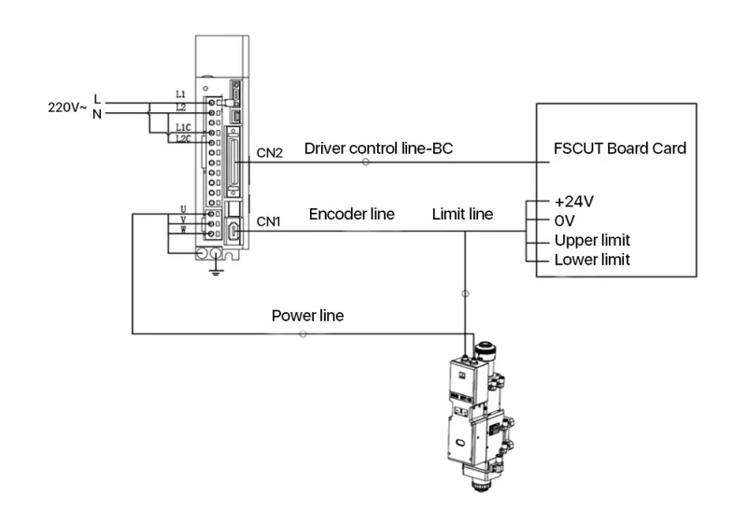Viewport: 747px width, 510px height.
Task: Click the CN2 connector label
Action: point(270,153)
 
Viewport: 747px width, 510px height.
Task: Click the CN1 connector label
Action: point(269,221)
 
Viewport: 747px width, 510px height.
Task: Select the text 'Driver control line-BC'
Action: point(378,149)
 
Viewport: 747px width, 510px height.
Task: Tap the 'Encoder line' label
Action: point(352,214)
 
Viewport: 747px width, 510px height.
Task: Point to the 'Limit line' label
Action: point(462,214)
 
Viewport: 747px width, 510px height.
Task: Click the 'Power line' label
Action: point(308,316)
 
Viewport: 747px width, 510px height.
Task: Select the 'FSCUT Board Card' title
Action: point(620,149)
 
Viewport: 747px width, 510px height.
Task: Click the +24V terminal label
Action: point(574,202)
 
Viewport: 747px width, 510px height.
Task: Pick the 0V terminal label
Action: point(565,221)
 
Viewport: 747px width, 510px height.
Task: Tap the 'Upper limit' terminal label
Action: point(592,240)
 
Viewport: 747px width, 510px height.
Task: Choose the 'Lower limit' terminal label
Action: point(592,260)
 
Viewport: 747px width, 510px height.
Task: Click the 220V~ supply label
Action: point(67,107)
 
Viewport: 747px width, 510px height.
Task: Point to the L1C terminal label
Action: point(183,127)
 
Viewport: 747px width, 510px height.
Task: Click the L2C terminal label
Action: point(183,138)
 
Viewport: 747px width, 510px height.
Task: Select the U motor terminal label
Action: point(183,209)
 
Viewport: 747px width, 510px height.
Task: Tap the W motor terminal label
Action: point(183,230)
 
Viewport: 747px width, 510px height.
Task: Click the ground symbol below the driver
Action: point(217,273)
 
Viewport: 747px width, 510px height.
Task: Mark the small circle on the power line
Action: point(303,334)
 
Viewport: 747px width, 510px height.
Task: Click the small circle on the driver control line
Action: point(365,162)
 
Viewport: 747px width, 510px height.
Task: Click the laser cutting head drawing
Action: point(480,416)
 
